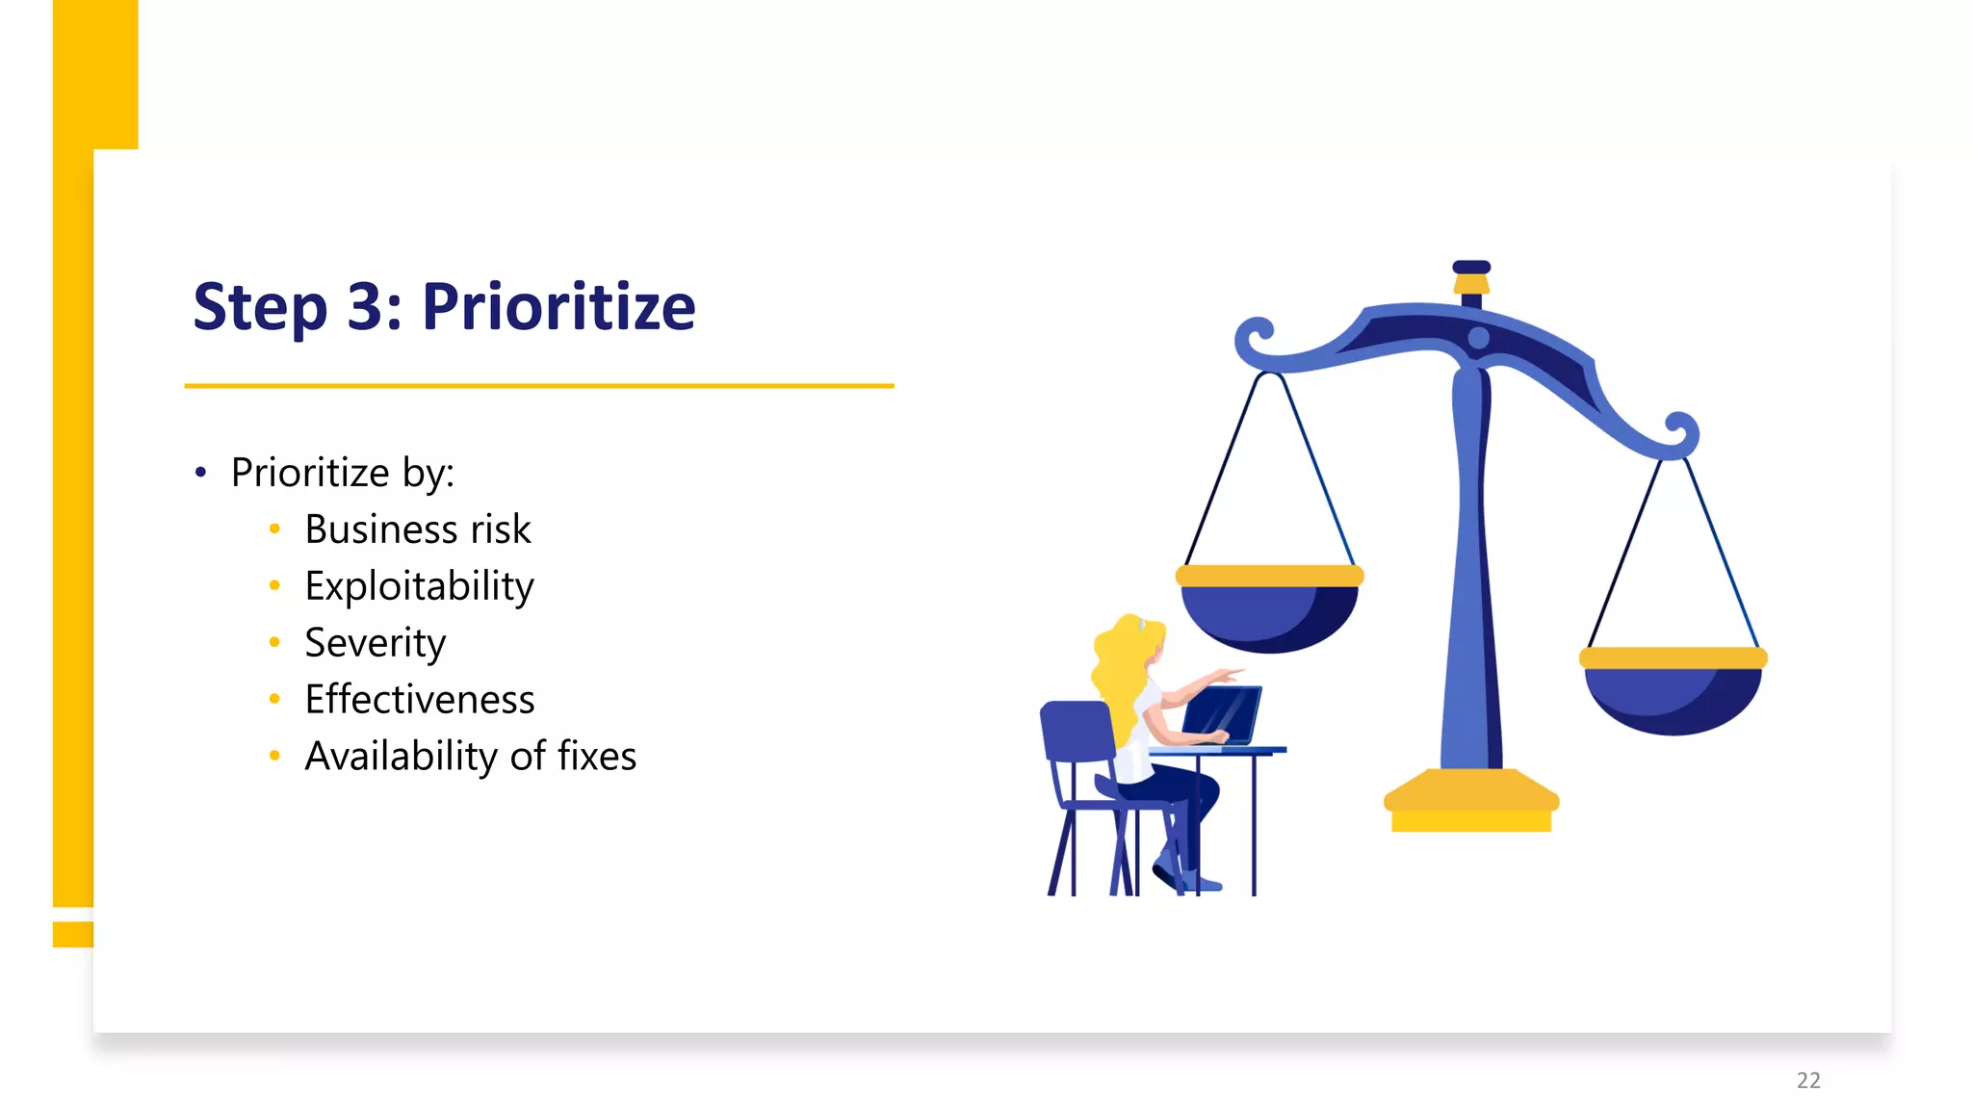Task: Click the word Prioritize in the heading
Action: point(558,307)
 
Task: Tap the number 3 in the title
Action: point(366,307)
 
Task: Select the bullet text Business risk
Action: point(417,529)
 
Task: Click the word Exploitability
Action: point(419,586)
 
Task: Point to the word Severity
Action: point(375,643)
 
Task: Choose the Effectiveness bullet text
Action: point(419,700)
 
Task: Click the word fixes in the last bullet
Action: point(597,757)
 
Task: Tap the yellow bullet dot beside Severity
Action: point(274,642)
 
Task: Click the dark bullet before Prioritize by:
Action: point(200,472)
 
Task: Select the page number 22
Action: point(1808,1080)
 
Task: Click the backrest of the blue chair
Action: point(1077,732)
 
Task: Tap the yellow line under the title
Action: point(539,386)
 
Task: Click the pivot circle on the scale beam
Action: point(1479,338)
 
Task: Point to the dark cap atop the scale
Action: point(1471,267)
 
